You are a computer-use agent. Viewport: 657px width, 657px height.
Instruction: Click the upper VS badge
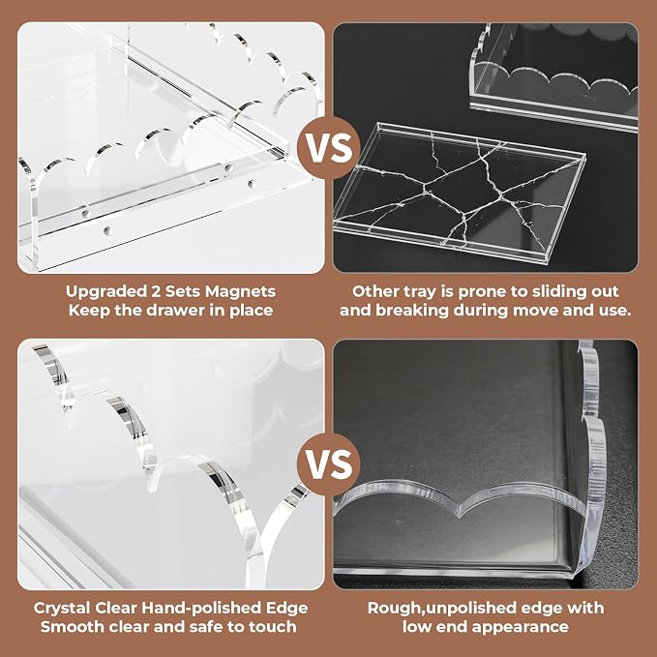coord(329,148)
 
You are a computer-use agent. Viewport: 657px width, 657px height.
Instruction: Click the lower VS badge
coord(329,464)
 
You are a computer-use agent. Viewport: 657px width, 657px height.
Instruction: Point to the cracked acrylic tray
coord(459,193)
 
